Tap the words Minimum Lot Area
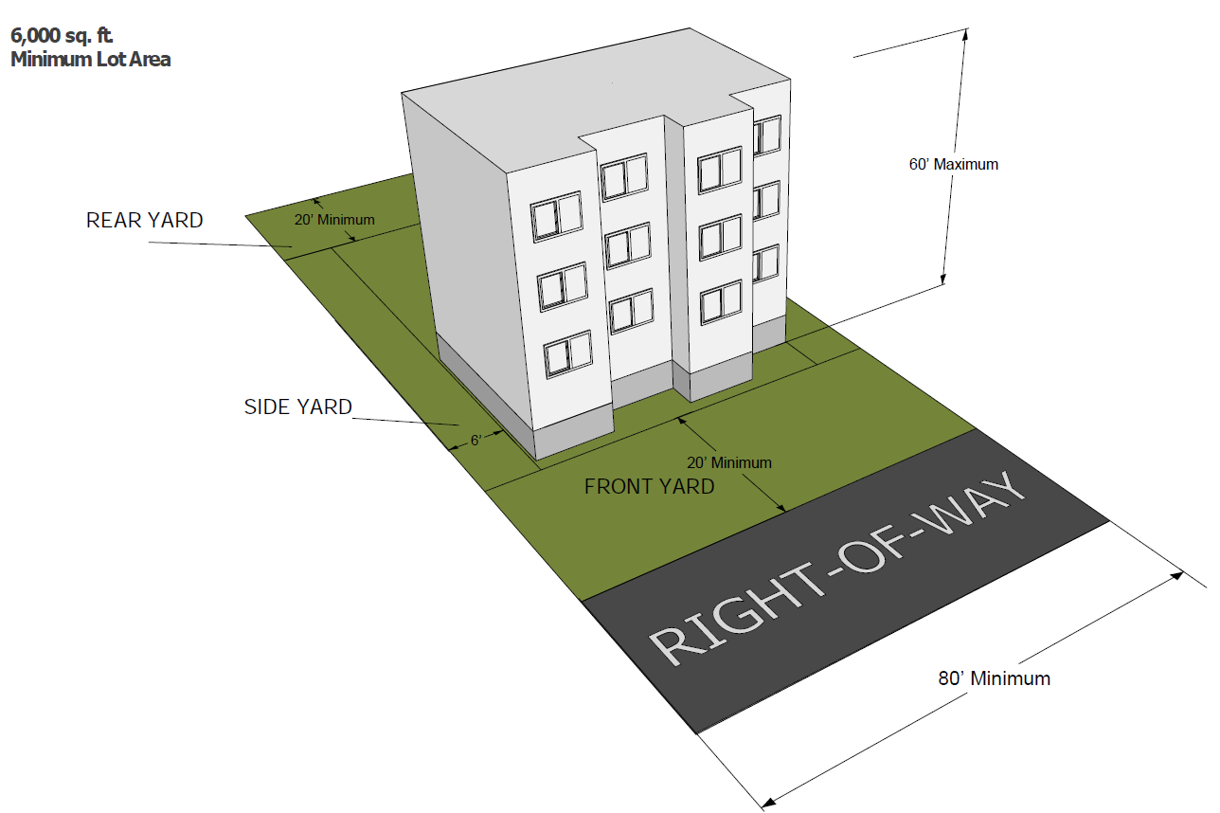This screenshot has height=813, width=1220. coord(91,59)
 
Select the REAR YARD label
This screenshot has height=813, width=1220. coord(144,221)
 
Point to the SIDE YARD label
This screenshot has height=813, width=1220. coord(298,407)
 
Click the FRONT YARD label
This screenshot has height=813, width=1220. coord(649,487)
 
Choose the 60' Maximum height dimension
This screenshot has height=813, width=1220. coord(954,164)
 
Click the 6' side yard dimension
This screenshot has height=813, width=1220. coord(476,441)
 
